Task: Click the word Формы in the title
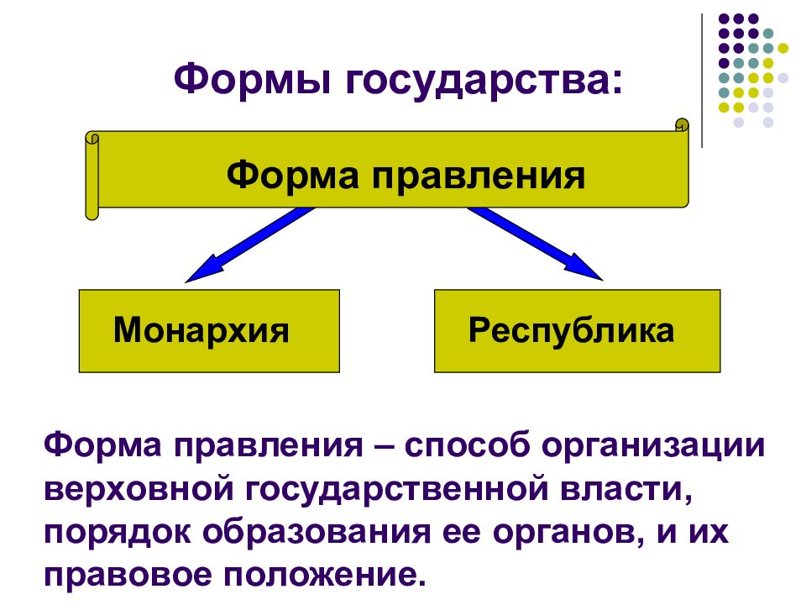252,79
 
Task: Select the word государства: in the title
484,82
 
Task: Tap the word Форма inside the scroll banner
292,176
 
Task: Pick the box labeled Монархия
209,331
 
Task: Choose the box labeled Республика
578,331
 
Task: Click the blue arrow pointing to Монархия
250,245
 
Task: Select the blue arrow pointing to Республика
535,244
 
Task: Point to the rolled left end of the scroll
92,176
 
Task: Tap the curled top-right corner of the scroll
682,125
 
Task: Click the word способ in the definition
468,445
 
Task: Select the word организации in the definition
654,446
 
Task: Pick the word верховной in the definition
139,489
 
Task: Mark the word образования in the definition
317,533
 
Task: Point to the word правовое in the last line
128,576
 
